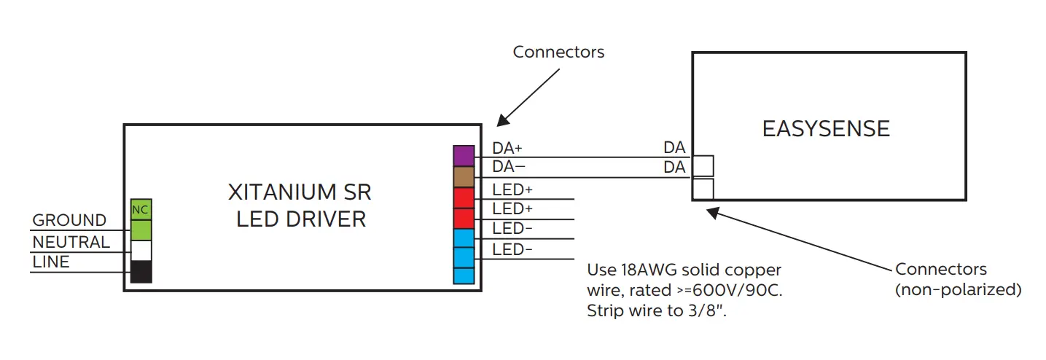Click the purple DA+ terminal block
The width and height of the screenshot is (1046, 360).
point(464,156)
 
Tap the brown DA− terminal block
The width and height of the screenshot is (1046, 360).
point(464,177)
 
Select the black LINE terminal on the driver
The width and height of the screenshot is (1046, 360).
point(141,272)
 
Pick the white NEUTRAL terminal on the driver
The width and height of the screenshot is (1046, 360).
point(141,251)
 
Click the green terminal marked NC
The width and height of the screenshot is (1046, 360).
point(141,209)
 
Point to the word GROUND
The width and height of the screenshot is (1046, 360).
point(69,220)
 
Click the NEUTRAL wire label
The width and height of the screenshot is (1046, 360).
point(71,242)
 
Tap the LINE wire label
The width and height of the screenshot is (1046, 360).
point(51,262)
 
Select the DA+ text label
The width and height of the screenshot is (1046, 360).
point(507,148)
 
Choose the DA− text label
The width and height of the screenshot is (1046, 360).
point(507,167)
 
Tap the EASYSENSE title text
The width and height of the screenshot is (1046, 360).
point(826,130)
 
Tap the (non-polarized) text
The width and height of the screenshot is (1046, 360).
point(958,289)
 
